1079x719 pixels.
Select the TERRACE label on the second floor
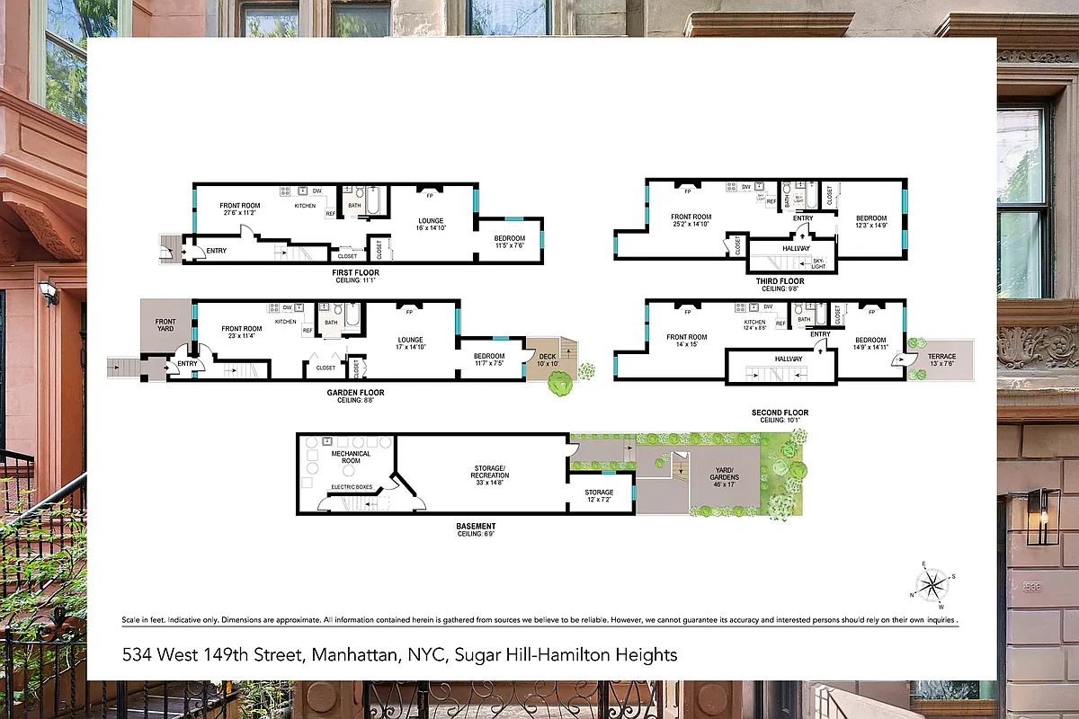[x=942, y=357]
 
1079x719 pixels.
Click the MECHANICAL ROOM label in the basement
[x=351, y=457]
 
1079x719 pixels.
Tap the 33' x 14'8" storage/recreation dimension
[x=491, y=482]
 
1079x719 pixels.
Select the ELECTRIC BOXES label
[x=352, y=486]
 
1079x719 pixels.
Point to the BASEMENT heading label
[x=476, y=526]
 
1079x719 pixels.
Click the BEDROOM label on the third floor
[x=870, y=218]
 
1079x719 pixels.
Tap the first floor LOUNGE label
[x=431, y=221]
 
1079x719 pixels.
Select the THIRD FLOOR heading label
[x=781, y=281]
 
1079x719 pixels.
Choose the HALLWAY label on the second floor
[x=788, y=359]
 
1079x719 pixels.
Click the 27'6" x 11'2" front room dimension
[x=240, y=213]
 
